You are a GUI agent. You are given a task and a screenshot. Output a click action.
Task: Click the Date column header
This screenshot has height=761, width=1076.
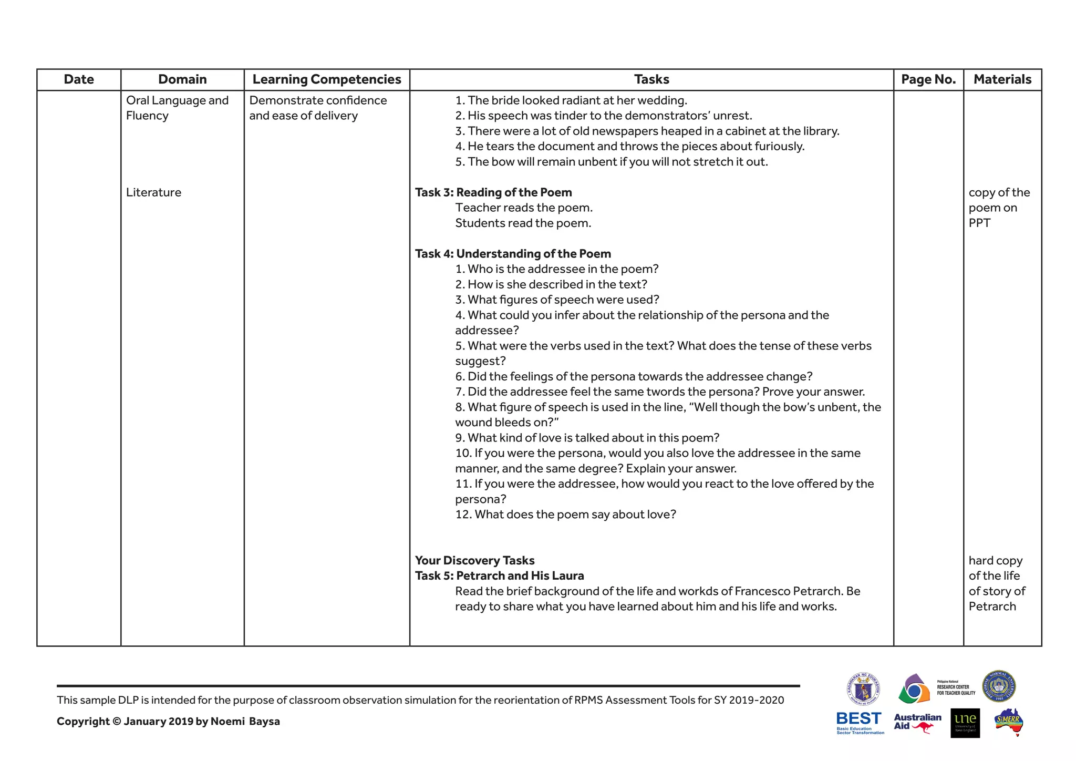click(x=79, y=79)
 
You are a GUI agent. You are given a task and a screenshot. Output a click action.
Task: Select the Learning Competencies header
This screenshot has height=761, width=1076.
click(x=326, y=79)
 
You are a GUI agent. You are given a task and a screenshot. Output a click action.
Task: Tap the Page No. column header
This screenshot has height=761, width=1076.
click(x=928, y=79)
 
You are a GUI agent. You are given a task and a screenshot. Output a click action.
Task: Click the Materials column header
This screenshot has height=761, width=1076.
click(x=1002, y=79)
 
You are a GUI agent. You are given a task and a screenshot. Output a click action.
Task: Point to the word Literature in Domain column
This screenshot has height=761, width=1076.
click(x=153, y=192)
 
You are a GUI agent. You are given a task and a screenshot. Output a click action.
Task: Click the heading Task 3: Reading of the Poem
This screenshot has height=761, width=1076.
click(x=493, y=192)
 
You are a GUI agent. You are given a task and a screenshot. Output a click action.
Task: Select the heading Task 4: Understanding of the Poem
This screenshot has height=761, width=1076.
click(x=513, y=254)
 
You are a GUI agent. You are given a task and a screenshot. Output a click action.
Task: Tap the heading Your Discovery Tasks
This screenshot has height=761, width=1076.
click(x=474, y=560)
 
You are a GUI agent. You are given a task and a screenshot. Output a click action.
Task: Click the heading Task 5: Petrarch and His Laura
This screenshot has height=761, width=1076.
click(x=499, y=575)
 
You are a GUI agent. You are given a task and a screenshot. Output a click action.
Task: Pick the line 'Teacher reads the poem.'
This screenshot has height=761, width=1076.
click(x=523, y=208)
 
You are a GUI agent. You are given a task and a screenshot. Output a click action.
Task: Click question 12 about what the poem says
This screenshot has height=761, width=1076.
click(x=565, y=514)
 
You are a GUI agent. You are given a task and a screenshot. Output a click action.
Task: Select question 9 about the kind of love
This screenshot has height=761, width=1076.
click(x=587, y=438)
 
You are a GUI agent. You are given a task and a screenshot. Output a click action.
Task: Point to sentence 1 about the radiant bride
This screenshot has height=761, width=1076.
click(x=571, y=100)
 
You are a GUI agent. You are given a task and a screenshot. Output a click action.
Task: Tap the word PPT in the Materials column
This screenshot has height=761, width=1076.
click(x=979, y=223)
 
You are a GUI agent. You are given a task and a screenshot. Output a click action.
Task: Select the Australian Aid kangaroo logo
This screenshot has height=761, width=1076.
click(x=917, y=723)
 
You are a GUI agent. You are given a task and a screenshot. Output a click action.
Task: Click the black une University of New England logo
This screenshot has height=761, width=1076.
click(x=965, y=723)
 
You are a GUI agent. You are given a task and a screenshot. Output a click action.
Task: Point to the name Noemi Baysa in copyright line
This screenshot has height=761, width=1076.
click(x=245, y=721)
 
